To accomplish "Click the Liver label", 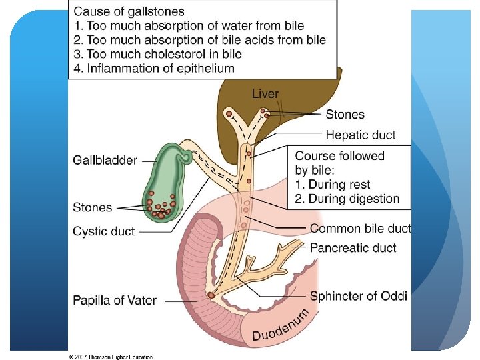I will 265,94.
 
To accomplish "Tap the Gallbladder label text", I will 105,160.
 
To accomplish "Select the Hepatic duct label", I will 360,135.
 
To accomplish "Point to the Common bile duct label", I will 360,229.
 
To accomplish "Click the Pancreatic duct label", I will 353,248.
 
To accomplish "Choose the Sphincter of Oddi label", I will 358,296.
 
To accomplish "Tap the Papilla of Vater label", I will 115,300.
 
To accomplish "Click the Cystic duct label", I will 103,231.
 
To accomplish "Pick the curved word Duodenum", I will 281,326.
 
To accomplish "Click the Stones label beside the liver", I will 345,115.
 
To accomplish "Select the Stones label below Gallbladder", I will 93,207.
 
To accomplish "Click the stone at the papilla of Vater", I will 211,294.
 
